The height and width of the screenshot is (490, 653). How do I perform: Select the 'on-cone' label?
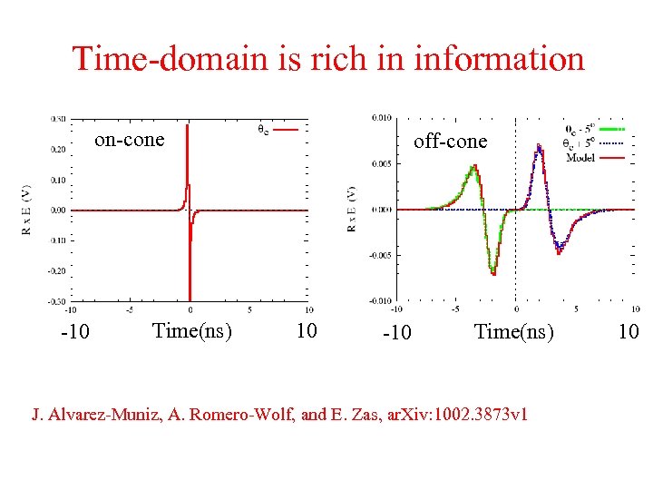coord(131,140)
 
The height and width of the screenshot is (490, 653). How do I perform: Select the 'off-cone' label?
coord(450,142)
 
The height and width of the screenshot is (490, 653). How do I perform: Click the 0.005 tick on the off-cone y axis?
coord(383,163)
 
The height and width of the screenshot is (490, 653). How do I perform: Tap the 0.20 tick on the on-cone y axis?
coord(58,149)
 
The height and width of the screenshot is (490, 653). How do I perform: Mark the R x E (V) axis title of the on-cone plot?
coord(25,210)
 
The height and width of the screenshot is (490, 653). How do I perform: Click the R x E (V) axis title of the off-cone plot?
coord(352,210)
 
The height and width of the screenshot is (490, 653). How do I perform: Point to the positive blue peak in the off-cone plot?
coord(539,147)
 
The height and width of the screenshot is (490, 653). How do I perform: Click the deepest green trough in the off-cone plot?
coord(493,271)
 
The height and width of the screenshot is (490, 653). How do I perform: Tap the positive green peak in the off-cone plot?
coord(472,169)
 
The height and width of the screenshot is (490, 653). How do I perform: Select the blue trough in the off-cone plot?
coord(559,248)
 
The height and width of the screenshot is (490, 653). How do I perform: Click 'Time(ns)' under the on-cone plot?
coord(192,330)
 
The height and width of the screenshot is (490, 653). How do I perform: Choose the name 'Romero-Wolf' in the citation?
coord(216,415)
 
